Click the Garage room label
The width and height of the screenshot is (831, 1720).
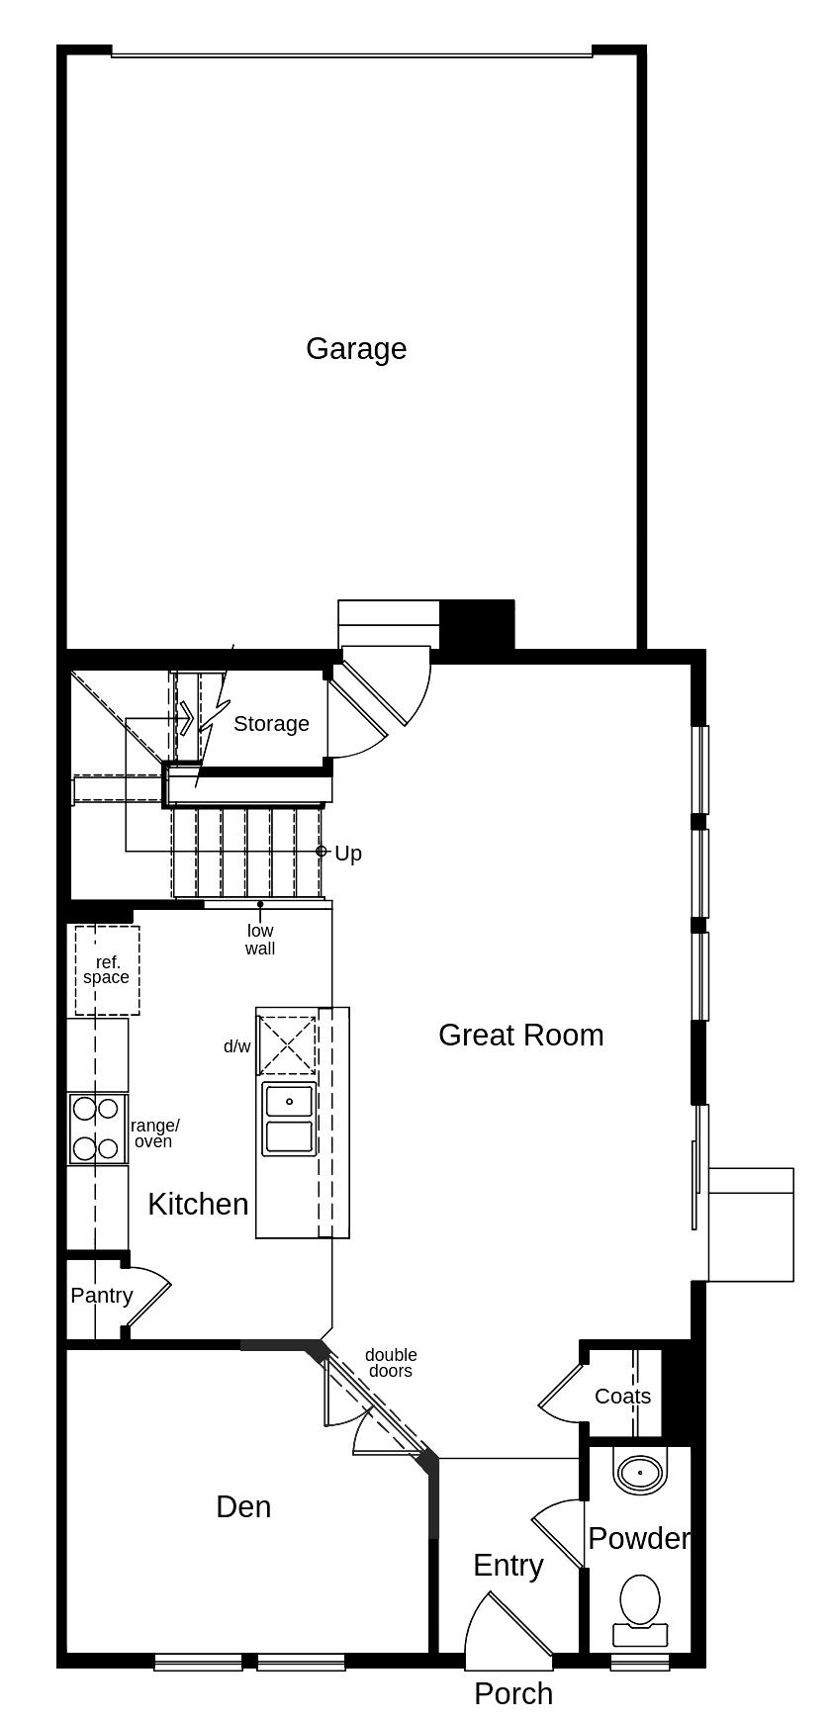click(x=356, y=348)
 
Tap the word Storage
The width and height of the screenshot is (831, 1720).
click(x=271, y=724)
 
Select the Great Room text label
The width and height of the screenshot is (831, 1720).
click(x=520, y=1035)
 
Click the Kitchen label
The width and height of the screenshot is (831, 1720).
click(x=198, y=1204)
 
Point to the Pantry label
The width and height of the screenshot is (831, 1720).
click(x=101, y=1296)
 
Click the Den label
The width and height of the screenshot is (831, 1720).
click(x=243, y=1506)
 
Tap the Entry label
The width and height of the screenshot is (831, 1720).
click(x=508, y=1565)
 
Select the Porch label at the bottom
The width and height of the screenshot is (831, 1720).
click(x=512, y=1693)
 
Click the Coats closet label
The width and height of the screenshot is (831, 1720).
click(x=622, y=1396)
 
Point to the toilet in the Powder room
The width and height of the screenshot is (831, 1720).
click(x=640, y=1603)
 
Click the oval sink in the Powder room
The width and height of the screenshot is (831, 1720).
click(x=640, y=1473)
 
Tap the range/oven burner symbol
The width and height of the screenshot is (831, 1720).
click(x=97, y=1129)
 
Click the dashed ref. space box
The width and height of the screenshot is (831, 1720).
click(x=107, y=970)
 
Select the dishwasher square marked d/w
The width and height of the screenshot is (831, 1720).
click(x=287, y=1043)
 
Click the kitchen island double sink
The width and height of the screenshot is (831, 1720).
click(x=288, y=1119)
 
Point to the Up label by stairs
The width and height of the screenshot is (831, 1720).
click(x=347, y=853)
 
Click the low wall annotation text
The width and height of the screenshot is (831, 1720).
click(x=260, y=940)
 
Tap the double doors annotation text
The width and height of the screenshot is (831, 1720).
click(x=391, y=1363)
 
